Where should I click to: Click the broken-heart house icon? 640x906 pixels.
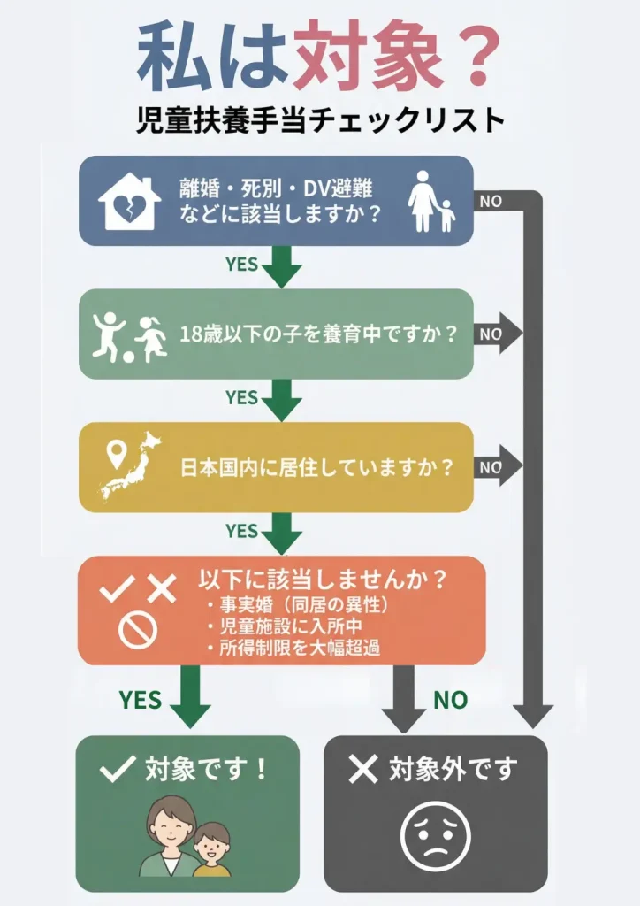click(129, 202)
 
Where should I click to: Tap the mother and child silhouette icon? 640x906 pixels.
click(430, 202)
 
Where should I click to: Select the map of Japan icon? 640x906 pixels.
click(133, 465)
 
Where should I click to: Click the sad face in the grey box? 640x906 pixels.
click(435, 836)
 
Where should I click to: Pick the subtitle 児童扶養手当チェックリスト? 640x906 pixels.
click(320, 119)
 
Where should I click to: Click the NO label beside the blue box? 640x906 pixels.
click(491, 201)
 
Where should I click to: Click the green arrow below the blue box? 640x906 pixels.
click(282, 265)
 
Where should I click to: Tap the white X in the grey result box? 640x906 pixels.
click(362, 770)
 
